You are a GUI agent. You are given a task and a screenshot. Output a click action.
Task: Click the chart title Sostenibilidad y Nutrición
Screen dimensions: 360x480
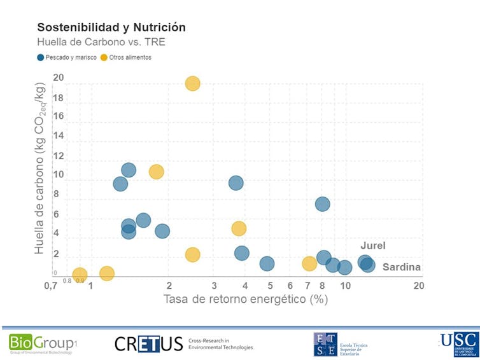pyautogui.click(x=111, y=27)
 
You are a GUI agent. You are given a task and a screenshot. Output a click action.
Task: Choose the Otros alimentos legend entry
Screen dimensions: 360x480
pyautogui.click(x=131, y=57)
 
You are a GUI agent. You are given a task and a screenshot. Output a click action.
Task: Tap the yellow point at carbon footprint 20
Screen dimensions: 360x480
pyautogui.click(x=192, y=83)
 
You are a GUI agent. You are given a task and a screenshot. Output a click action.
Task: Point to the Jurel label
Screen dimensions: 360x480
pyautogui.click(x=373, y=246)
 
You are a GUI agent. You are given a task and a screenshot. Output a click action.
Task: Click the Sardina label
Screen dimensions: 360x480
pyautogui.click(x=401, y=267)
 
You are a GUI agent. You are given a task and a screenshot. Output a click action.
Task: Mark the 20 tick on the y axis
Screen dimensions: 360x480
pyautogui.click(x=59, y=78)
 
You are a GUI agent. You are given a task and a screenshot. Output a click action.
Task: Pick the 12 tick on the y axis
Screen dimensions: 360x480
pyautogui.click(x=59, y=156)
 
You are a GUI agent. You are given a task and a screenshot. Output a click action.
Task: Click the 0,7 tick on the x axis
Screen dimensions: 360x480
pyautogui.click(x=52, y=286)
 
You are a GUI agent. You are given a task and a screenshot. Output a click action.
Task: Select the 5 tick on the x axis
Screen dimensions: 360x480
pyautogui.click(x=270, y=286)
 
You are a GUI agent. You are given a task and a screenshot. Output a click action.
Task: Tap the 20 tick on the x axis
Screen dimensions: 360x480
pyautogui.click(x=418, y=286)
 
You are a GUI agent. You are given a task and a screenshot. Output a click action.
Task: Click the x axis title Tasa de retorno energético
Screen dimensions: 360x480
pyautogui.click(x=245, y=299)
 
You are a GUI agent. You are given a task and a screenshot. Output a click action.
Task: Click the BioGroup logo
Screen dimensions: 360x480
pyautogui.click(x=42, y=343)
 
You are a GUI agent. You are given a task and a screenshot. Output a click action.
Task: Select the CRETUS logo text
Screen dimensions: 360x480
pyautogui.click(x=148, y=344)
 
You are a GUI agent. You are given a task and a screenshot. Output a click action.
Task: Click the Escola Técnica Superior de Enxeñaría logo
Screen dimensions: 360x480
pyautogui.click(x=340, y=344)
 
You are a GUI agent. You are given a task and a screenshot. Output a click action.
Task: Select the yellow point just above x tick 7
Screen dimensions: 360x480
pyautogui.click(x=309, y=263)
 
